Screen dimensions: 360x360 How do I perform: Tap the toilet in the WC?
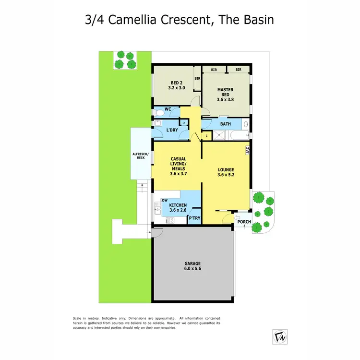(159, 112)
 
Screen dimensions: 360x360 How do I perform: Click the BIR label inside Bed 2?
(197, 79)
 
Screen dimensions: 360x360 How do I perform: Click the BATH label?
(225, 124)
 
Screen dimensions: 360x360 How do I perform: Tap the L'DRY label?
(172, 131)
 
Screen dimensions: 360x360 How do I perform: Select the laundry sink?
(158, 123)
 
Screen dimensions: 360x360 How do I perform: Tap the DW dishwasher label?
(164, 200)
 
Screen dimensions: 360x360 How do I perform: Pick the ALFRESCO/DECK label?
(141, 156)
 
